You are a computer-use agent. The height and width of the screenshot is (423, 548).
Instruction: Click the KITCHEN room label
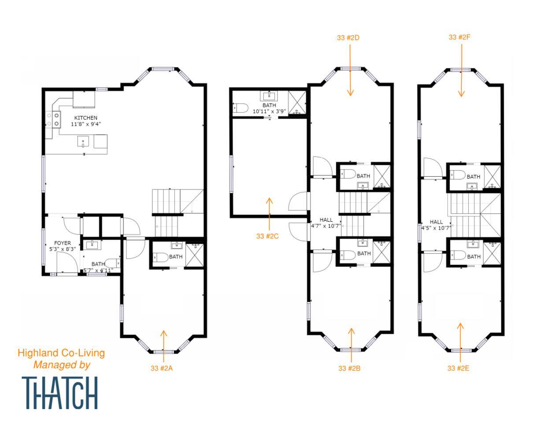tap(86, 118)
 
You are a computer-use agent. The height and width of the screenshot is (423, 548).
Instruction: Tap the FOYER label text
tap(62, 243)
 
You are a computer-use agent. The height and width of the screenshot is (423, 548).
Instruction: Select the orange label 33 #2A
tap(162, 368)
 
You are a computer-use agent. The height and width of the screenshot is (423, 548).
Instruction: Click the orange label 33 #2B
tap(349, 368)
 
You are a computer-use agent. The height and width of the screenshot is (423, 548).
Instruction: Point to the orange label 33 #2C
tap(267, 236)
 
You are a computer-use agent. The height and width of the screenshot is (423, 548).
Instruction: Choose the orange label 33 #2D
tap(348, 38)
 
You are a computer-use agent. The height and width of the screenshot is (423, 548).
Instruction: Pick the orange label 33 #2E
tap(458, 368)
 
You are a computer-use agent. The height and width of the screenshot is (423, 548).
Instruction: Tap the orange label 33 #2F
tap(459, 37)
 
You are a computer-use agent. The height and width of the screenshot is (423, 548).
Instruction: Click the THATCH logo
tap(60, 393)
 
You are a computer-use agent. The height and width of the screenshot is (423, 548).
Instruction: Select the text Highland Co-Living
tap(61, 353)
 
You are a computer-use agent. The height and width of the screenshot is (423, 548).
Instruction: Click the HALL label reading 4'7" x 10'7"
tap(326, 223)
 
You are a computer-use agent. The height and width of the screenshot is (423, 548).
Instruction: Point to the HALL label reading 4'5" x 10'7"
tap(436, 225)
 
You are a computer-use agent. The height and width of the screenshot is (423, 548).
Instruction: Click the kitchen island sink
tap(83, 142)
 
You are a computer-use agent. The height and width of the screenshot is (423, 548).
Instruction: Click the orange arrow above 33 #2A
tap(164, 346)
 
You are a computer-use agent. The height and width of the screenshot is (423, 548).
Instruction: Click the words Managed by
tap(62, 365)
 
